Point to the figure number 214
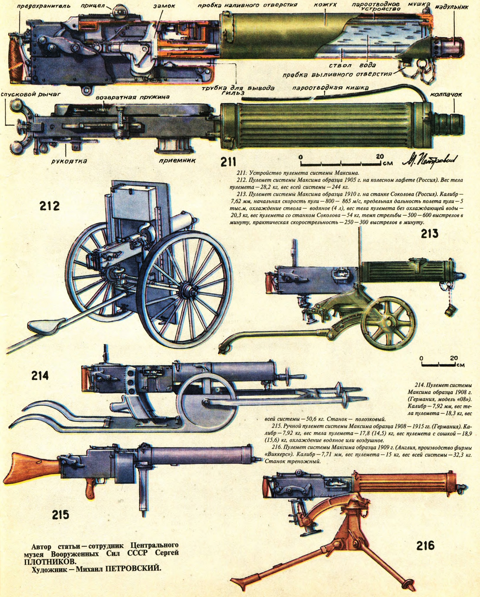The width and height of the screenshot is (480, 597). pyautogui.click(x=40, y=376)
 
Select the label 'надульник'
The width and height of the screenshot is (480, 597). pyautogui.click(x=452, y=7)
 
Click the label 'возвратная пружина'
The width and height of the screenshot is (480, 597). pyautogui.click(x=133, y=97)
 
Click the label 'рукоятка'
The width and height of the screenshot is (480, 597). pyautogui.click(x=69, y=161)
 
